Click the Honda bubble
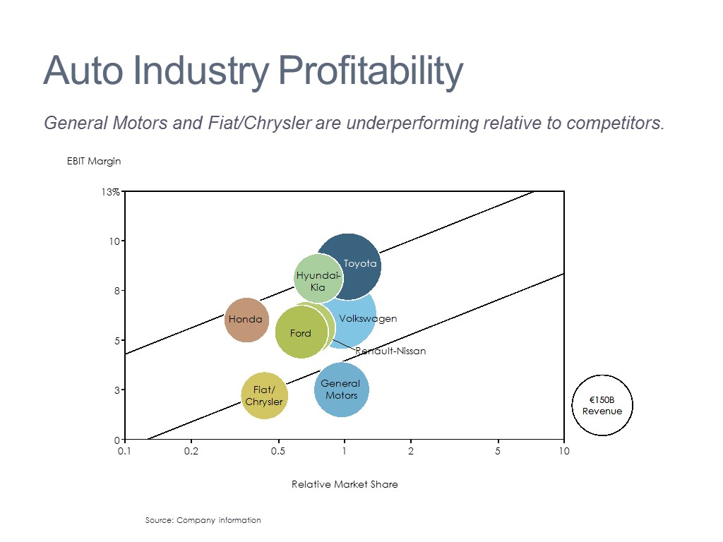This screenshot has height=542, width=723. (246, 320)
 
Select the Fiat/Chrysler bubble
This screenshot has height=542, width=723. (264, 396)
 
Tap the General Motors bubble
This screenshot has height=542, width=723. (342, 390)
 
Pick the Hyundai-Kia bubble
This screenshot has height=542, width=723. (318, 278)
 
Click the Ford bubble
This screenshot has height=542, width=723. (301, 333)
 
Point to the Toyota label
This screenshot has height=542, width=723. (360, 264)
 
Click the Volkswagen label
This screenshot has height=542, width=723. (368, 319)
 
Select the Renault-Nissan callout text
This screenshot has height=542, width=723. (390, 351)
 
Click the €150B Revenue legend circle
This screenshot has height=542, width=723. (602, 406)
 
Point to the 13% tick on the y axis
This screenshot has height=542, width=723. (111, 192)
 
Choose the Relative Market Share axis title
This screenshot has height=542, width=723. (345, 484)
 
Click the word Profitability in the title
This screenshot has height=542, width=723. (371, 71)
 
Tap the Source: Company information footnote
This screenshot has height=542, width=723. (203, 520)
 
